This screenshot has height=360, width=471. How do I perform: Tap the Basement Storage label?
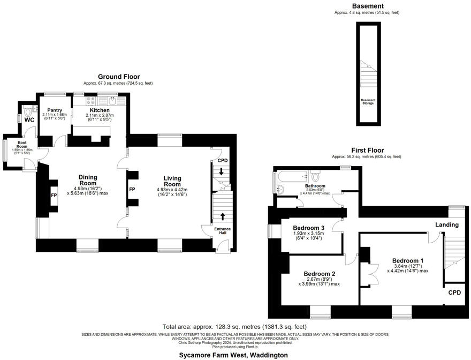368,101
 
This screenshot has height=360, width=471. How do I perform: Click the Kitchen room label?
100,110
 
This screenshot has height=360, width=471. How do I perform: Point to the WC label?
29,120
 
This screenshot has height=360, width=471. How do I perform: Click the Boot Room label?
22,144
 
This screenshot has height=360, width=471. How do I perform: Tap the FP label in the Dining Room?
54,196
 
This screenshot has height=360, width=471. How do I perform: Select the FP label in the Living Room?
132,189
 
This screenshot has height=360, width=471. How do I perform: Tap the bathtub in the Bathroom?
291,176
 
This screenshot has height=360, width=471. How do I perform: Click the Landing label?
446,224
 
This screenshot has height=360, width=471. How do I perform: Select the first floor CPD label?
454,292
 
